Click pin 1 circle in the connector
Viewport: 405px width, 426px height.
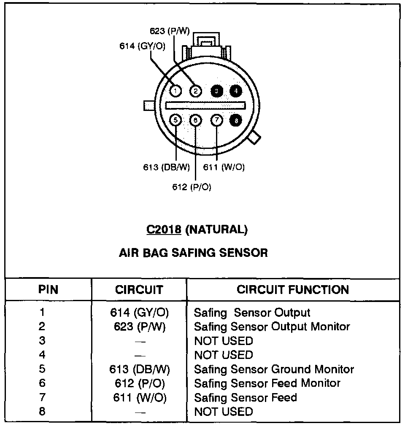[176, 91]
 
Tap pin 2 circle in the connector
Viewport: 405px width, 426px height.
[196, 91]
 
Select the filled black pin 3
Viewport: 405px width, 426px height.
[216, 91]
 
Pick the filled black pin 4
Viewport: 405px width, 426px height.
[236, 91]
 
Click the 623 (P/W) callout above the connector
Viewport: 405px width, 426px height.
[170, 31]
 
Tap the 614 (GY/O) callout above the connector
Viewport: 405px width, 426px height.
[142, 46]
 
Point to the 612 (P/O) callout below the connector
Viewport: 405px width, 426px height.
[192, 187]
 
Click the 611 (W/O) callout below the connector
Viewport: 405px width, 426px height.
[224, 167]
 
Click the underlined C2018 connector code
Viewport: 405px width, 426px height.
[164, 229]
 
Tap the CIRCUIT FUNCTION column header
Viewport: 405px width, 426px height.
[293, 290]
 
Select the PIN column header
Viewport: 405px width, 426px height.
[48, 290]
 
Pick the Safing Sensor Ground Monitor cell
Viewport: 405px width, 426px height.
[274, 369]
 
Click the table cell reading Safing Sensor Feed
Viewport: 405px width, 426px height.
[245, 398]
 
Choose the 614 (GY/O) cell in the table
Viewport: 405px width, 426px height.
[140, 313]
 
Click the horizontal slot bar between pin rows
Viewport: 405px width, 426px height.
[205, 105]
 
